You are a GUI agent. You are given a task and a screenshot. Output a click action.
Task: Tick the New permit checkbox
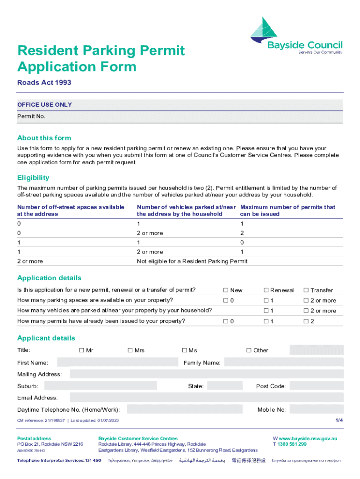(225, 290)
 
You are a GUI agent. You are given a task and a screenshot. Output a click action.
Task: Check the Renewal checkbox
(266, 290)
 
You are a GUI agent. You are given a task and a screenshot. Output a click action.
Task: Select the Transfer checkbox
(306, 290)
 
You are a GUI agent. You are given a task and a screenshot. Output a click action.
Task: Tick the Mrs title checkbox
(130, 350)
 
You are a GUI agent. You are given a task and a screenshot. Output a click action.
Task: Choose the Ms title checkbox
(185, 350)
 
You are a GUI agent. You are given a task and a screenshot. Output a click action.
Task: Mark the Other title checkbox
(249, 350)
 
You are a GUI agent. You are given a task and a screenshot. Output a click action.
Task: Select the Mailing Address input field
(206, 374)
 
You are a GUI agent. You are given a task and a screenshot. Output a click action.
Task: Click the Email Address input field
(206, 398)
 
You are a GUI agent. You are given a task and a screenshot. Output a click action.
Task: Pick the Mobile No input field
(317, 410)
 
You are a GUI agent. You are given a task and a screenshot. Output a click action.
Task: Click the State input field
(224, 386)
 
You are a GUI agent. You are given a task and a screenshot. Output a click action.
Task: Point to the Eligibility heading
(33, 178)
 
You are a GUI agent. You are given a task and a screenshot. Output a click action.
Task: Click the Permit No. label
(31, 116)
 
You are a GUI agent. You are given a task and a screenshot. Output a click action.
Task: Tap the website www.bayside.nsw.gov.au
(308, 439)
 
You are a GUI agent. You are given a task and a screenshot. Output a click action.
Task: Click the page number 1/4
(339, 420)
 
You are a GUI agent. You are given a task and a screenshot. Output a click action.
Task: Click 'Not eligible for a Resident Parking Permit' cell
(192, 261)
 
